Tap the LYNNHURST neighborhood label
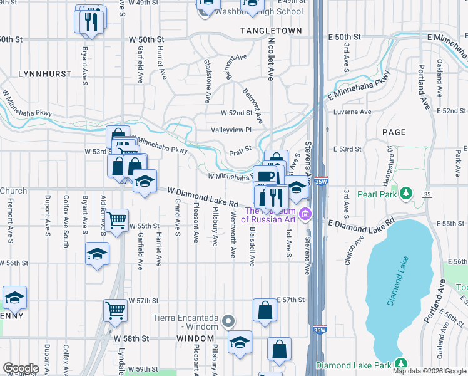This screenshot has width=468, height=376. [43, 74]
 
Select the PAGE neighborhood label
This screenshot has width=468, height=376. [393, 132]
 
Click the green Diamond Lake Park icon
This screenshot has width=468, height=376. [400, 364]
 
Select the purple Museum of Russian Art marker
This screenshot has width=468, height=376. [305, 214]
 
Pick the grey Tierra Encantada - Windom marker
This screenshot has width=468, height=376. [229, 322]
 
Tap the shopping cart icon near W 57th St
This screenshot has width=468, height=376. [116, 310]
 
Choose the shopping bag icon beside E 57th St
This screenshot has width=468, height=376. [265, 310]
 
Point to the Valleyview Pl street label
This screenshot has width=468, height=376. [231, 130]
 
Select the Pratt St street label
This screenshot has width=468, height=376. [240, 151]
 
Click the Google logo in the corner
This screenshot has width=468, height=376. [21, 368]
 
